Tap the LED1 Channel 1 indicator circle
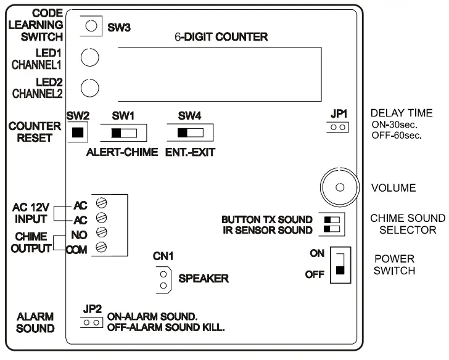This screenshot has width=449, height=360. pos(91,58)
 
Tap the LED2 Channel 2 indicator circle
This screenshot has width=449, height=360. pos(91,88)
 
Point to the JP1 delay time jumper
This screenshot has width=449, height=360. pos(338,127)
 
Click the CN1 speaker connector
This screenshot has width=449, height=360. pos(163,279)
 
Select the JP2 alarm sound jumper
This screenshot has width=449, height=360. pos(91,322)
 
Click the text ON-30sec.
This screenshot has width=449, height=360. pos(395,124)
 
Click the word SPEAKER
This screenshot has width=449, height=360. pos(203,279)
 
